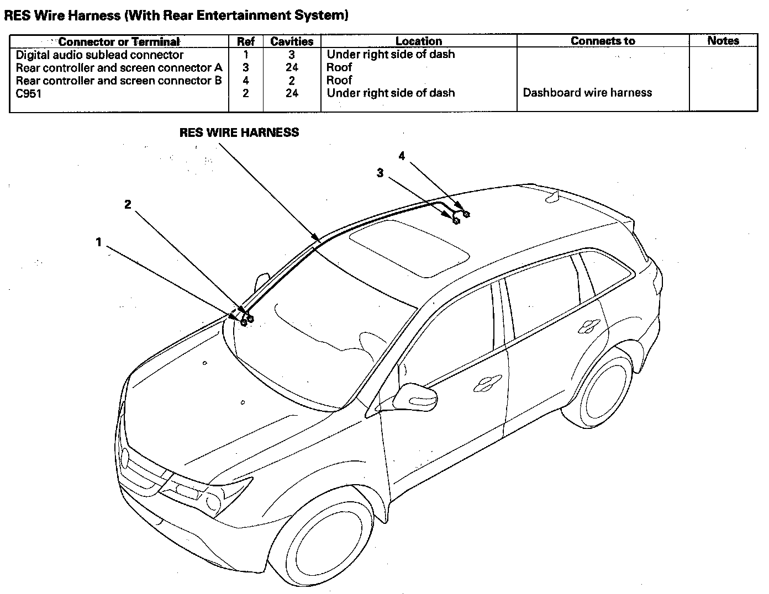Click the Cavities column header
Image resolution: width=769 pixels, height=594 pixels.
(x=292, y=41)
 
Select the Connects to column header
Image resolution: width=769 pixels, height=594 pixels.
(x=603, y=41)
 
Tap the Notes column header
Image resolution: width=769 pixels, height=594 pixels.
(x=723, y=41)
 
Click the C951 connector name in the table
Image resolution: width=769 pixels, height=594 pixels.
(x=29, y=94)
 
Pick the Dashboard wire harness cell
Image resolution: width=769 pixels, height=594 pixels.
(x=587, y=93)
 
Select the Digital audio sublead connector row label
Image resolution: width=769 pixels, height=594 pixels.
(x=100, y=55)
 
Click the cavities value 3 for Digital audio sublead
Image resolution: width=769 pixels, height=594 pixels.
(x=292, y=55)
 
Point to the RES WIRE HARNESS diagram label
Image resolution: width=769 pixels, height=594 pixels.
(x=239, y=132)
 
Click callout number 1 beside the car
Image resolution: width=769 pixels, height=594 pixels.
(x=98, y=242)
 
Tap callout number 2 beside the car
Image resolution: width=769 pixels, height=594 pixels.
(x=128, y=204)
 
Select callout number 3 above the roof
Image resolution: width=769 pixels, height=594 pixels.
(x=380, y=173)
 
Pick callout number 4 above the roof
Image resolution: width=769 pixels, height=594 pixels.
(x=402, y=156)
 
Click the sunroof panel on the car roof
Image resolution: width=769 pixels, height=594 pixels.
(x=409, y=248)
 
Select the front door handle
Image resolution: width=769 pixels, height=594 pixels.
(x=488, y=383)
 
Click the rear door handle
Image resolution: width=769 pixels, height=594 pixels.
(x=589, y=326)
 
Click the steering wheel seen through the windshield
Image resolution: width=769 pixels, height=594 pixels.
(x=372, y=344)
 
